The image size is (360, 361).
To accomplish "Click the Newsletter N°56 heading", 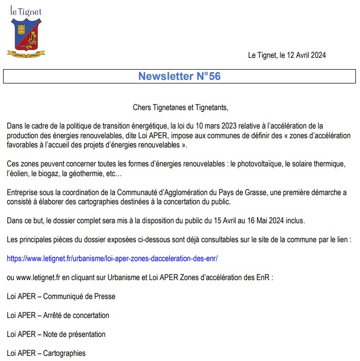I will click(x=179, y=76).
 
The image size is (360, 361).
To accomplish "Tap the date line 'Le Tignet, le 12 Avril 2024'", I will click(x=286, y=55).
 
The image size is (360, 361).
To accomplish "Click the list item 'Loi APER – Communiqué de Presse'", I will click(x=61, y=296).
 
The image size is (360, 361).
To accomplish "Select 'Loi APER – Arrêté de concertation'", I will click(x=58, y=315).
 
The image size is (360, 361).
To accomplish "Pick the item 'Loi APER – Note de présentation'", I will click(x=56, y=334).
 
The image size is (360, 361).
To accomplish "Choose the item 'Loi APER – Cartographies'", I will click(x=46, y=353).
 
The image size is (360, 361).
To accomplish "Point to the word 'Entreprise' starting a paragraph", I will click(x=22, y=193).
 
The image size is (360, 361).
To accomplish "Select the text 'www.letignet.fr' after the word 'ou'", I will click(x=38, y=278).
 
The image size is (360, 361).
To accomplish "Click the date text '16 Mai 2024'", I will click(x=265, y=221).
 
